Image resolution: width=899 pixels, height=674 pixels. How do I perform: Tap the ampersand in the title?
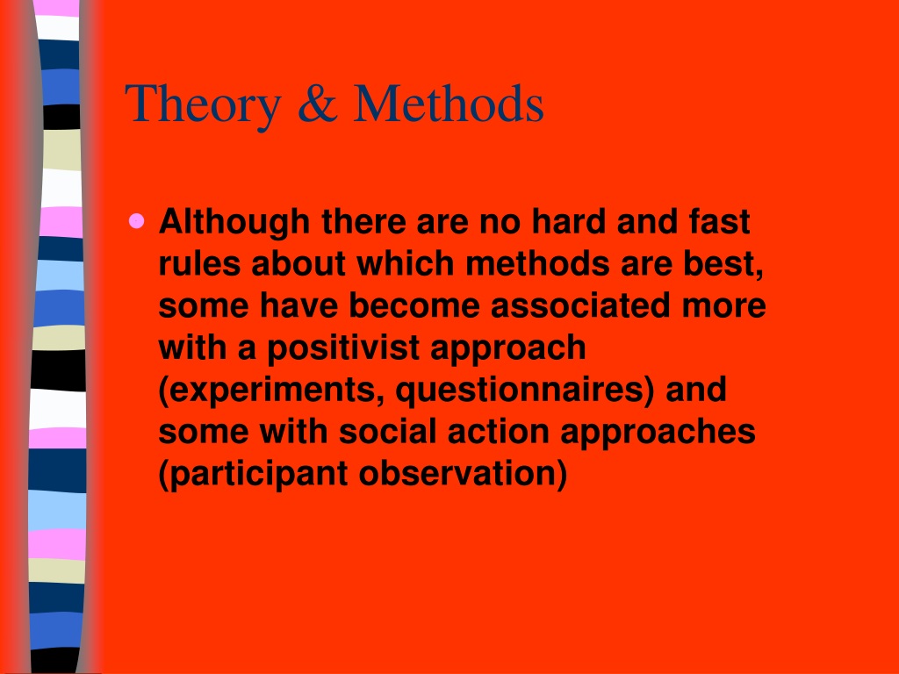318,104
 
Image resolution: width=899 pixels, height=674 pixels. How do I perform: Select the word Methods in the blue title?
449,104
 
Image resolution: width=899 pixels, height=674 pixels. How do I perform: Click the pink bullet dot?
137,221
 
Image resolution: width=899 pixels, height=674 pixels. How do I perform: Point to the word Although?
234,222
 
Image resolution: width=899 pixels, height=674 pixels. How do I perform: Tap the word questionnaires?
525,391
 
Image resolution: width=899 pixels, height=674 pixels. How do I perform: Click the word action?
498,431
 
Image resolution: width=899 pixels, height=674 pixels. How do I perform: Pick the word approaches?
658,433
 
